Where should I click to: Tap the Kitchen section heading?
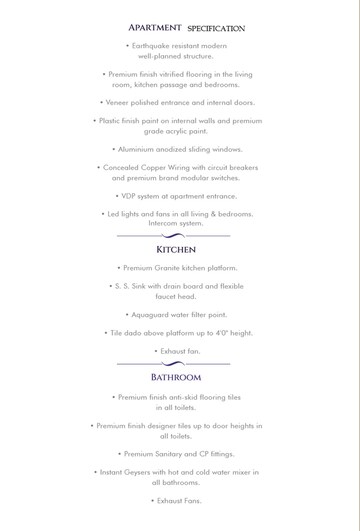click(176, 249)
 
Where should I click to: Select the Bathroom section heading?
click(176, 378)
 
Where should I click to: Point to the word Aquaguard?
click(152, 315)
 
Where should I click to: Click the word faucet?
click(166, 297)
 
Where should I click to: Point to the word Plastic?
click(113, 121)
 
